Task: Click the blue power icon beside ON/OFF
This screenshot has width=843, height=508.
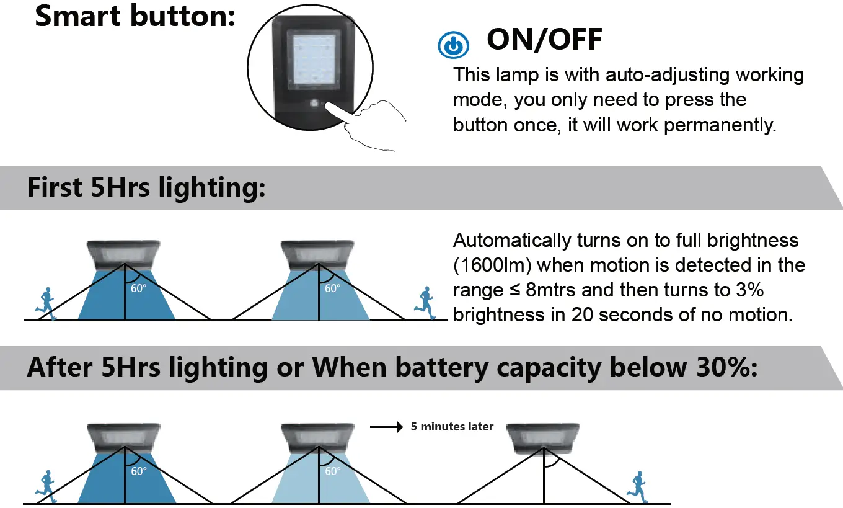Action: click(x=453, y=45)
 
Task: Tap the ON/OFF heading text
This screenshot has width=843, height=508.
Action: click(x=544, y=40)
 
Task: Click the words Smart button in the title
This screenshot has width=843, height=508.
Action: click(x=135, y=16)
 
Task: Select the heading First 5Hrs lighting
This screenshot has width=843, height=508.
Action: click(x=146, y=188)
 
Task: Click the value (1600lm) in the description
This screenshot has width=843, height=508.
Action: click(x=493, y=265)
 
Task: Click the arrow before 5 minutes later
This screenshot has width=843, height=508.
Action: click(x=386, y=427)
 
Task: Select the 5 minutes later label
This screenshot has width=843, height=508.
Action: click(x=452, y=427)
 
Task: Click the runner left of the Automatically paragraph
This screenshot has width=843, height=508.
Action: click(x=425, y=303)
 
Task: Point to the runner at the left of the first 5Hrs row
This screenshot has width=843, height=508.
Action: click(x=45, y=304)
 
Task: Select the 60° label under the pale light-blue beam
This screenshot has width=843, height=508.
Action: click(x=332, y=471)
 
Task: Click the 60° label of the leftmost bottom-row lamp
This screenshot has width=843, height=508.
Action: click(x=139, y=471)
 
